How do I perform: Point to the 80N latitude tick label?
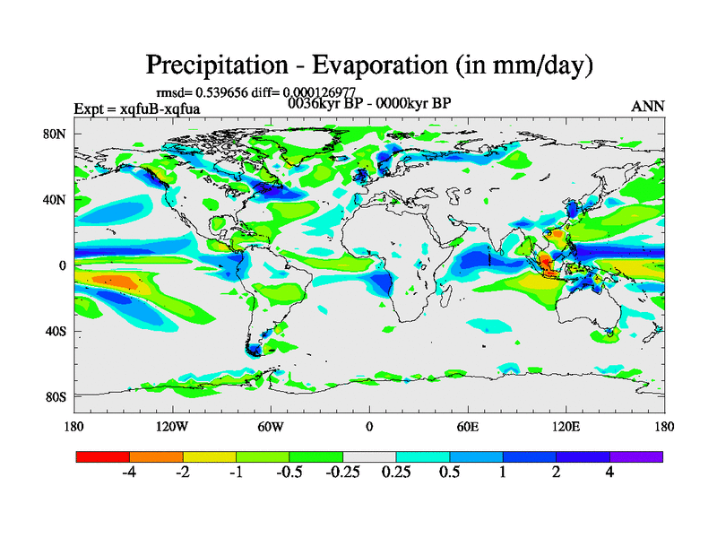(56, 134)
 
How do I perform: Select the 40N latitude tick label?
(56, 199)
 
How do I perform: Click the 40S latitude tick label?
(56, 331)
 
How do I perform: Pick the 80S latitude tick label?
(56, 396)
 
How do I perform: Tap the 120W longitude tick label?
(171, 427)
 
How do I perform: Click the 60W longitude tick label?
(270, 427)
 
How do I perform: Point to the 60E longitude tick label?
(467, 427)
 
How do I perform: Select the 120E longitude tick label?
(566, 427)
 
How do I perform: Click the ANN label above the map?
(647, 106)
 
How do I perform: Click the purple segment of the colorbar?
(635, 456)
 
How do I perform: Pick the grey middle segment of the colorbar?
(369, 456)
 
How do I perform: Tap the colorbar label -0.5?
(288, 473)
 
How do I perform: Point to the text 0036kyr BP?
(322, 102)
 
